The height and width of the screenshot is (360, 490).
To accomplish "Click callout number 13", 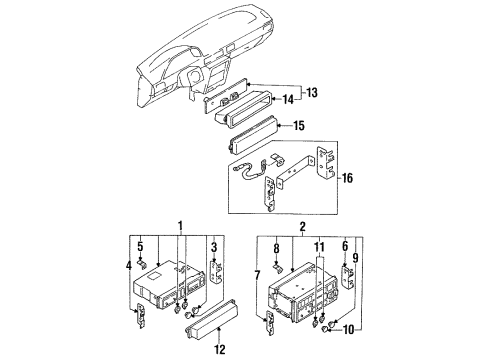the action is coord(312,92).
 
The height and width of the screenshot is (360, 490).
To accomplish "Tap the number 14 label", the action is coord(288,99).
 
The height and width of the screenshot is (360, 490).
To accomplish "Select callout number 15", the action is coord(299,126).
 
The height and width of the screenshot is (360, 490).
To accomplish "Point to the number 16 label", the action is coord(347,178).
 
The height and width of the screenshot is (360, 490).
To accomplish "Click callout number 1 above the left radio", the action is coord(180,226).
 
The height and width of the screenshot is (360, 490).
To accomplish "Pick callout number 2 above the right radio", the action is coord(302,227).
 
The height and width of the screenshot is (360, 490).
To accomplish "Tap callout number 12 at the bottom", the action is coord(220,349).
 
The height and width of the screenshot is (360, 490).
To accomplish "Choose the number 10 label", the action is coord(348,330).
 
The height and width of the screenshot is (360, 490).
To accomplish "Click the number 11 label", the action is coord(319,247).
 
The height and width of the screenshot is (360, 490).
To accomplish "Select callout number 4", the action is coord(129,266).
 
